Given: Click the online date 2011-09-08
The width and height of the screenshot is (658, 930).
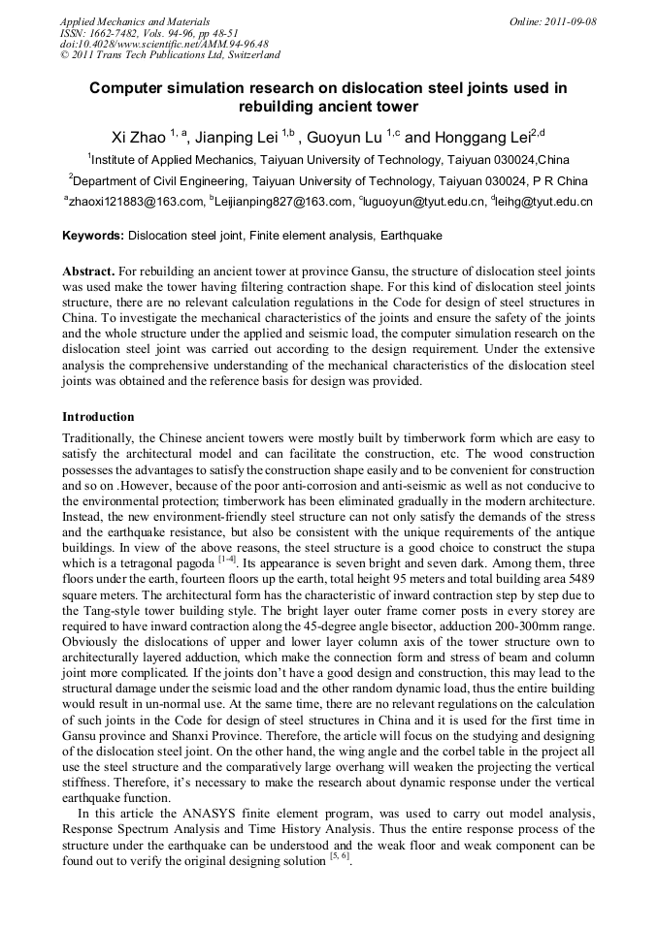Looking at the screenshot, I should pyautogui.click(x=570, y=21).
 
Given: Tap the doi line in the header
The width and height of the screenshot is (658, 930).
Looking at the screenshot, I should pyautogui.click(x=164, y=44).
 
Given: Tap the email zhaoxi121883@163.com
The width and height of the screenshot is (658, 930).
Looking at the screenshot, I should pyautogui.click(x=135, y=202).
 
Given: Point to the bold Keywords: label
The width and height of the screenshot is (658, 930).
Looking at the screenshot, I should pyautogui.click(x=93, y=236).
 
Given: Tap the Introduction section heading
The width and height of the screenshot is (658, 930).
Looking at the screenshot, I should pyautogui.click(x=99, y=417).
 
